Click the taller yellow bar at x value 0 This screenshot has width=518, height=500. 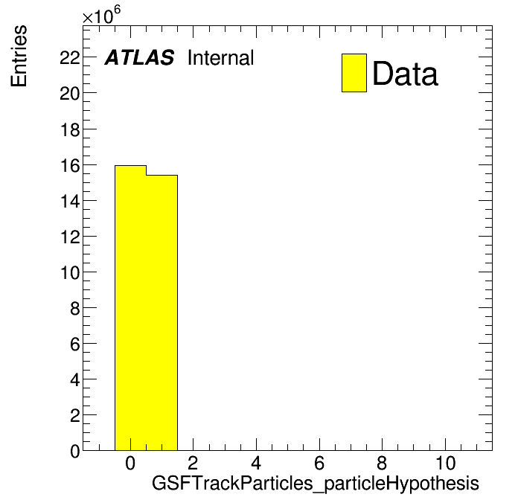130,308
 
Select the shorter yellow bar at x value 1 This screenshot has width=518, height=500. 162,312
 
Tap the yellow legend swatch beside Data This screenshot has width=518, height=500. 354,73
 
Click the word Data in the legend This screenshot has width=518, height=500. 406,74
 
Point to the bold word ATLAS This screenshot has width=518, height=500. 139,57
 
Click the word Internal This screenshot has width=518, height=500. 221,58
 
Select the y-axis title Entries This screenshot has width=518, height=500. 19,56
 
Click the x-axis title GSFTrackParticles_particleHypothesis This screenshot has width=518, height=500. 316,484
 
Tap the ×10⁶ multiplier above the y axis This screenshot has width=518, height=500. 101,15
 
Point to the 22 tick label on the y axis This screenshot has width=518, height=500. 70,58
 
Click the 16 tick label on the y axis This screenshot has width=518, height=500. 70,165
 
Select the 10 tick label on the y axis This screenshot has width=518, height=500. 70,273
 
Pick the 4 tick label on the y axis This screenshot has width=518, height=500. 75,380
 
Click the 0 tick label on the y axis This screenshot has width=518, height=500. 75,452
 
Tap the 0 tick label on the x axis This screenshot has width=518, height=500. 130,463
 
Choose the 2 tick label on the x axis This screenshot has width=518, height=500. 194,463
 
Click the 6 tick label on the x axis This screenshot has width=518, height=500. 319,463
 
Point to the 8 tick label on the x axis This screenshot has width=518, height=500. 383,463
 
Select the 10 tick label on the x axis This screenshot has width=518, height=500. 445,463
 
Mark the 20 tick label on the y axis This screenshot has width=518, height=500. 70,94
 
